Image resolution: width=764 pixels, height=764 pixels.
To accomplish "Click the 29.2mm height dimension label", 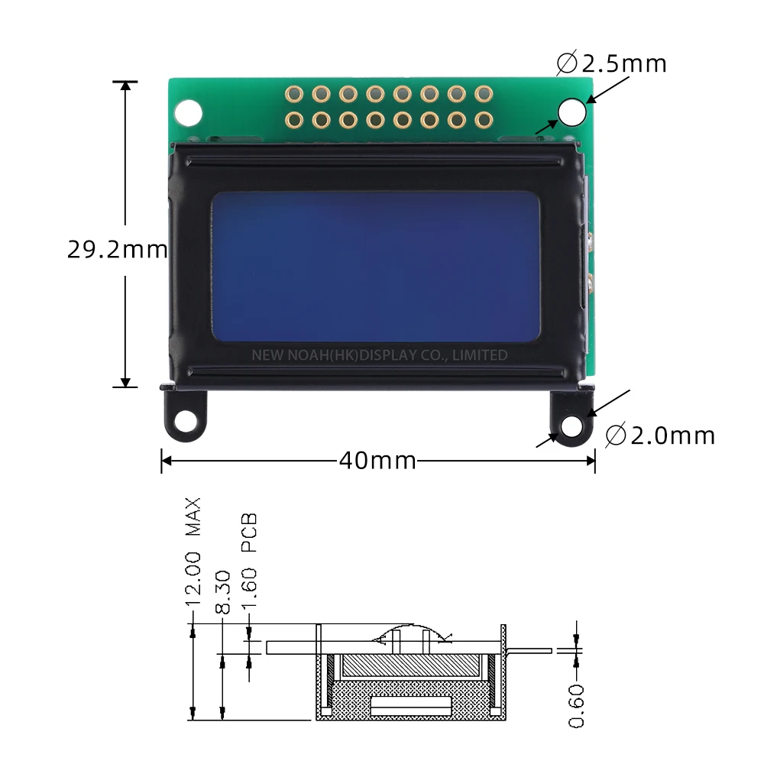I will [116, 250].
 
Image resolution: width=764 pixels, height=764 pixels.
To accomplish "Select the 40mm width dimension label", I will [377, 461].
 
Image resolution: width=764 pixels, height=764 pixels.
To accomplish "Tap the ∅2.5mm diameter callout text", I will [612, 63].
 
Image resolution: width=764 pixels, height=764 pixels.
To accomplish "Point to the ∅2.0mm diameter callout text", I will [660, 435].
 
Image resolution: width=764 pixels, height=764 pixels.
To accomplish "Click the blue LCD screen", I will [376, 266].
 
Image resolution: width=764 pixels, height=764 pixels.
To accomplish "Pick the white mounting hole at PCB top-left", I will [188, 112].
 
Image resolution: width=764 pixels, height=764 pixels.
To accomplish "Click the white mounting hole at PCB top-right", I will [571, 112].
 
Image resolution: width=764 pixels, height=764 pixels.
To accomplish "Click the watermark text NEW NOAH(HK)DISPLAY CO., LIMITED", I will [379, 355].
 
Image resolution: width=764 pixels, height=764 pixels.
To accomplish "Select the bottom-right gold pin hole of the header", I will [482, 120].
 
